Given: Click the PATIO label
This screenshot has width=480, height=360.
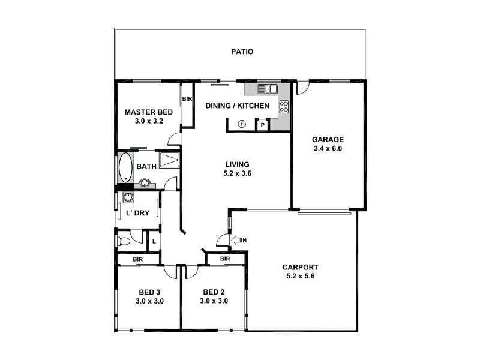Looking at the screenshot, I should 242,52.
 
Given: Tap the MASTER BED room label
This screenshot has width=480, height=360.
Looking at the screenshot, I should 149,112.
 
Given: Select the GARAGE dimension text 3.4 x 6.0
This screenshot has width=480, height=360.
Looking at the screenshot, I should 327,148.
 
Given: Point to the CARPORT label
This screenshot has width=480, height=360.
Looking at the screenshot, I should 300,268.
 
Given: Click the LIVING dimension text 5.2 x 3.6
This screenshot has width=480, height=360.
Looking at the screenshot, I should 237,173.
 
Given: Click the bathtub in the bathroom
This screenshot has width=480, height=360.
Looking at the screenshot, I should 125,167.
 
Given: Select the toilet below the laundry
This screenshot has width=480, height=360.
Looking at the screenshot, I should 124,241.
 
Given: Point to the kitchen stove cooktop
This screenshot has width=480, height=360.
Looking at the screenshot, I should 284,107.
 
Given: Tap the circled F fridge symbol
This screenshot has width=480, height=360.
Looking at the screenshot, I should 242,124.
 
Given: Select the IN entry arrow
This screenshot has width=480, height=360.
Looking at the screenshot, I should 239,241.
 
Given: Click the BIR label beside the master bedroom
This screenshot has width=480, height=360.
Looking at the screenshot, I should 187,99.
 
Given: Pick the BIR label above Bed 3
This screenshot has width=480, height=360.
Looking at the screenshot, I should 137,259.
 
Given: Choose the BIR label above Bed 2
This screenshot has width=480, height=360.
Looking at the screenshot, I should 225,259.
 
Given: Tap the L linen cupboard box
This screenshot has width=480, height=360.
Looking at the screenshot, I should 154,241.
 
